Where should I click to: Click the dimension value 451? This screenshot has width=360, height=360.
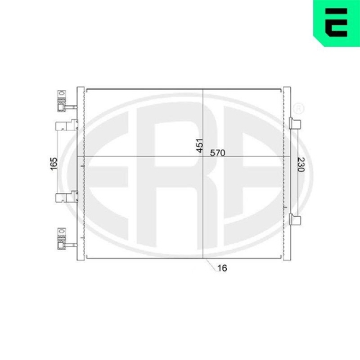tap(199, 145)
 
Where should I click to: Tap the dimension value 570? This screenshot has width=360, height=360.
tap(217, 153)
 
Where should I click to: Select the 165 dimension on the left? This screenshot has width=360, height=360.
tap(54, 164)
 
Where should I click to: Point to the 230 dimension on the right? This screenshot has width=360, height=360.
tap(301, 165)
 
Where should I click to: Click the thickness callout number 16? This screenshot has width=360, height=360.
tap(222, 268)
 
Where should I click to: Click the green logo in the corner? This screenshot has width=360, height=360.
tap(336, 23)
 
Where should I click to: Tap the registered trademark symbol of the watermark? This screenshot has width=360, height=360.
tap(299, 109)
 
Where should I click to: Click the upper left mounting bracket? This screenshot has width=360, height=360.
tap(67, 125)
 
